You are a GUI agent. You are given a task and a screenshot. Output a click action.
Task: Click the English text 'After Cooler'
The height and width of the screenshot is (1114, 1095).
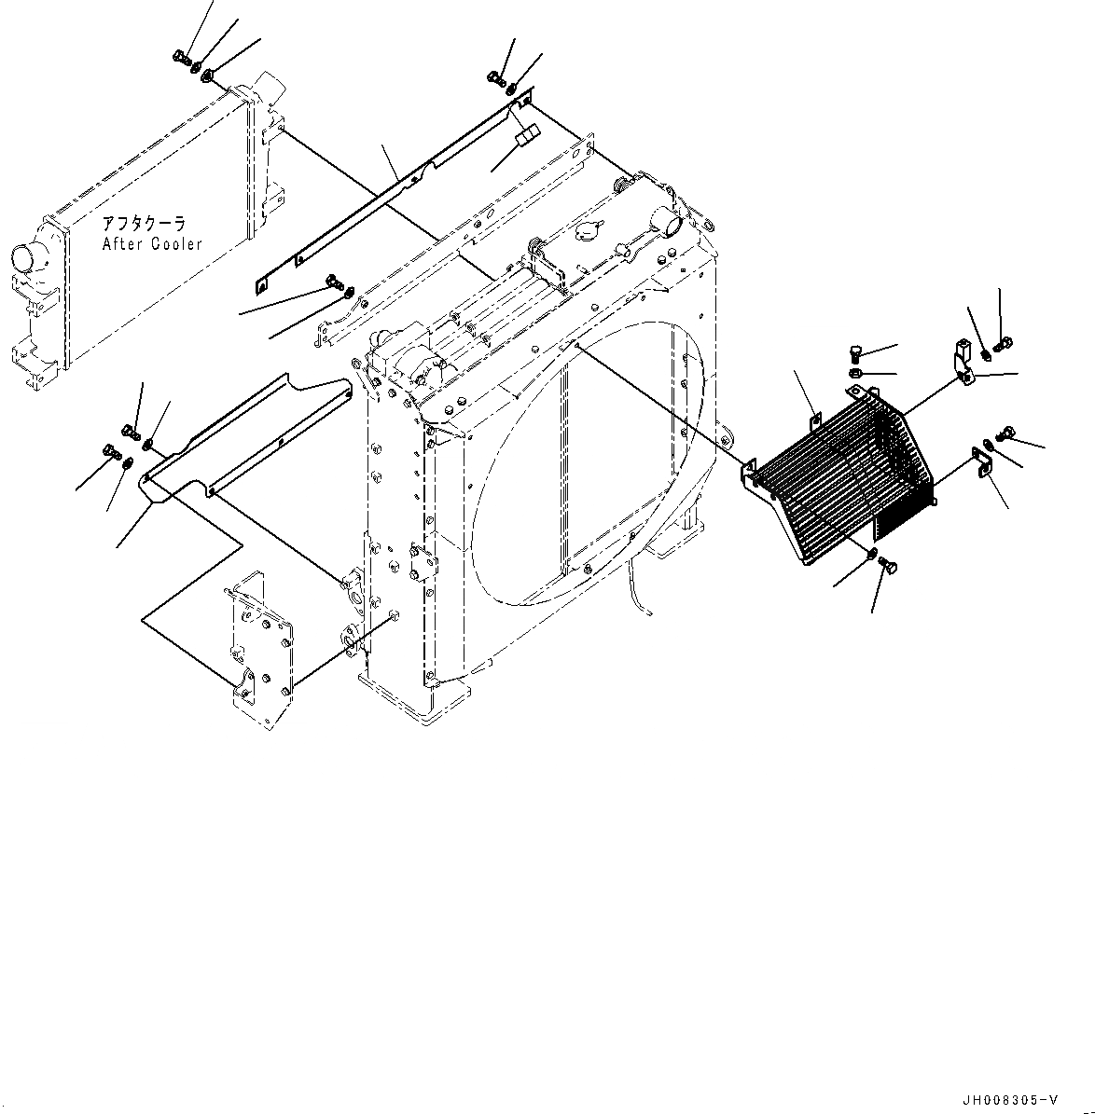pos(152,244)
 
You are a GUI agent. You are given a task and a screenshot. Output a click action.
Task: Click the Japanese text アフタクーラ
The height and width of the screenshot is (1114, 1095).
pos(144,225)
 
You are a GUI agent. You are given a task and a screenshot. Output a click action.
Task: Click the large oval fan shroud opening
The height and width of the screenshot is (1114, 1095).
pos(588,457)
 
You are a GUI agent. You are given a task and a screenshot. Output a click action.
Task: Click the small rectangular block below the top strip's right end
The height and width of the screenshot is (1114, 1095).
pos(525,136)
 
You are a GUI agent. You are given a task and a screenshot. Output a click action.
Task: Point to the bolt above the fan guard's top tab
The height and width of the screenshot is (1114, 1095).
pos(857,351)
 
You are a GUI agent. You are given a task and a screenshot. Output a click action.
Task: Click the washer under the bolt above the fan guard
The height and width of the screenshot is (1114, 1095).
pos(857,373)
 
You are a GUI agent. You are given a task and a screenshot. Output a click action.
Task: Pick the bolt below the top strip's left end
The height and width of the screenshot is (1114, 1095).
pos(333,280)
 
